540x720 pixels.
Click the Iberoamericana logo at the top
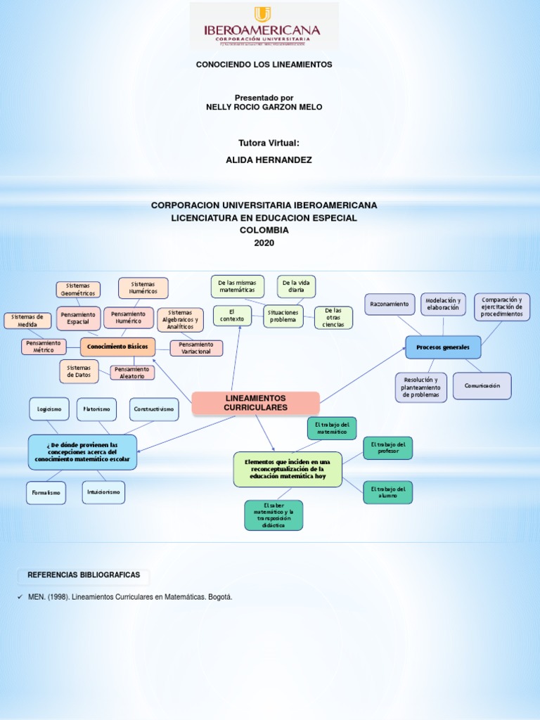264,26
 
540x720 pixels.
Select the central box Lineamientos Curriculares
255,403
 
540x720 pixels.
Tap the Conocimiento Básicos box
117,347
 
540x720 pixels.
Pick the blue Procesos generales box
443,347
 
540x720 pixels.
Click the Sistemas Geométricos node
78,290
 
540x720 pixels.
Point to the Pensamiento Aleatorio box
132,373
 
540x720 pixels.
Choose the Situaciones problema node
283,316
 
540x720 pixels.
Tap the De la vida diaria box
296,286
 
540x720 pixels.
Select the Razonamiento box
390,304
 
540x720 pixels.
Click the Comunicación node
482,386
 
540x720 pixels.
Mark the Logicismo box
49,409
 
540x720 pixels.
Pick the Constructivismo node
154,409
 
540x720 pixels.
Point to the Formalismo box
46,493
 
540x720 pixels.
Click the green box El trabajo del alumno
387,492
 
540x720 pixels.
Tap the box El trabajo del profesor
387,448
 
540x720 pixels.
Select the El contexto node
232,316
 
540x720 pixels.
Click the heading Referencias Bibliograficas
84,575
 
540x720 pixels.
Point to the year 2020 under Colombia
264,243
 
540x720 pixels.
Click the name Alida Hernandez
269,160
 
